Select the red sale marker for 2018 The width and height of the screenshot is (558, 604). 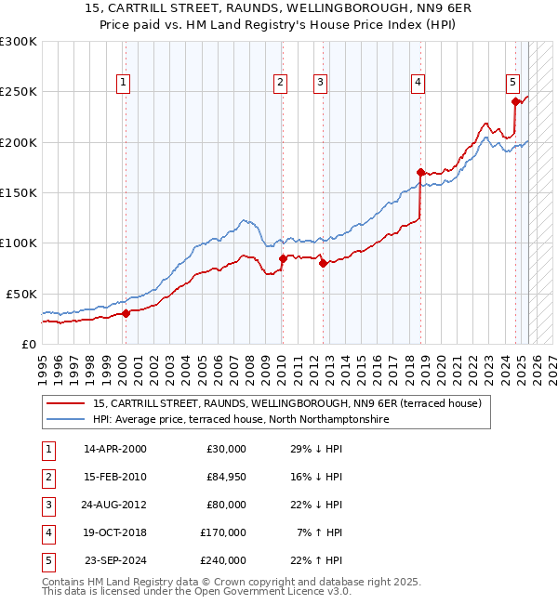tap(420, 172)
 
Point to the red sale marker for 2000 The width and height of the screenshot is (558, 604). tap(126, 313)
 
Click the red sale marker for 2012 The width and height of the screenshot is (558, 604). tap(323, 263)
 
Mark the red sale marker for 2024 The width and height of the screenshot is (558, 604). tap(514, 102)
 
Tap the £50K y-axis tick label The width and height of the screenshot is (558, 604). tap(21, 294)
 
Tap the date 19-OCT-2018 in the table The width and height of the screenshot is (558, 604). tap(114, 533)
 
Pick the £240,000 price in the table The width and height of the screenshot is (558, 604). tap(223, 561)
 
